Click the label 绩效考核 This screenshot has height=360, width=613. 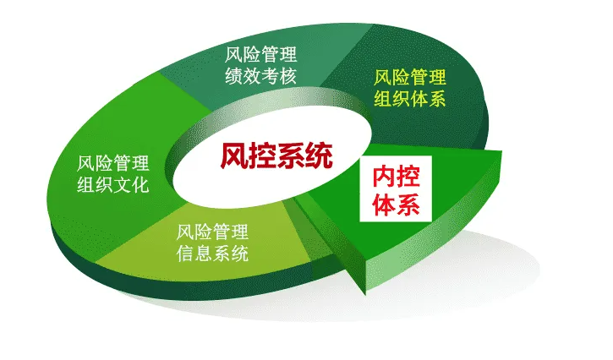coord(260,79)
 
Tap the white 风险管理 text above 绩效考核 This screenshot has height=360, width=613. coord(260,57)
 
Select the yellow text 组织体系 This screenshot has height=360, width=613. coord(410,99)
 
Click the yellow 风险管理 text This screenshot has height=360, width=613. coord(410,77)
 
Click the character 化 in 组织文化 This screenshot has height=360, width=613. coord(140,184)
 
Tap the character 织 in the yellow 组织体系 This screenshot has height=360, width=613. coord(401,99)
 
